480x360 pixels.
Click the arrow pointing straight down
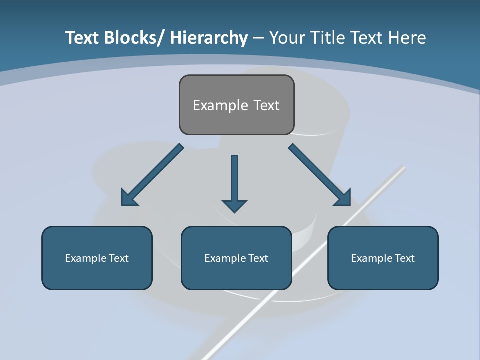pos(234,182)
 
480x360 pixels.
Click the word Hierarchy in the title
pos(209,38)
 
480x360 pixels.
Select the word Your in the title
pos(287,38)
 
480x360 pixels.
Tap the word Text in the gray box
pos(266,105)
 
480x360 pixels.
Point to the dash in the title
pos(258,38)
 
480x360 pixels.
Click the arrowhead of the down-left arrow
pos(128,198)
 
